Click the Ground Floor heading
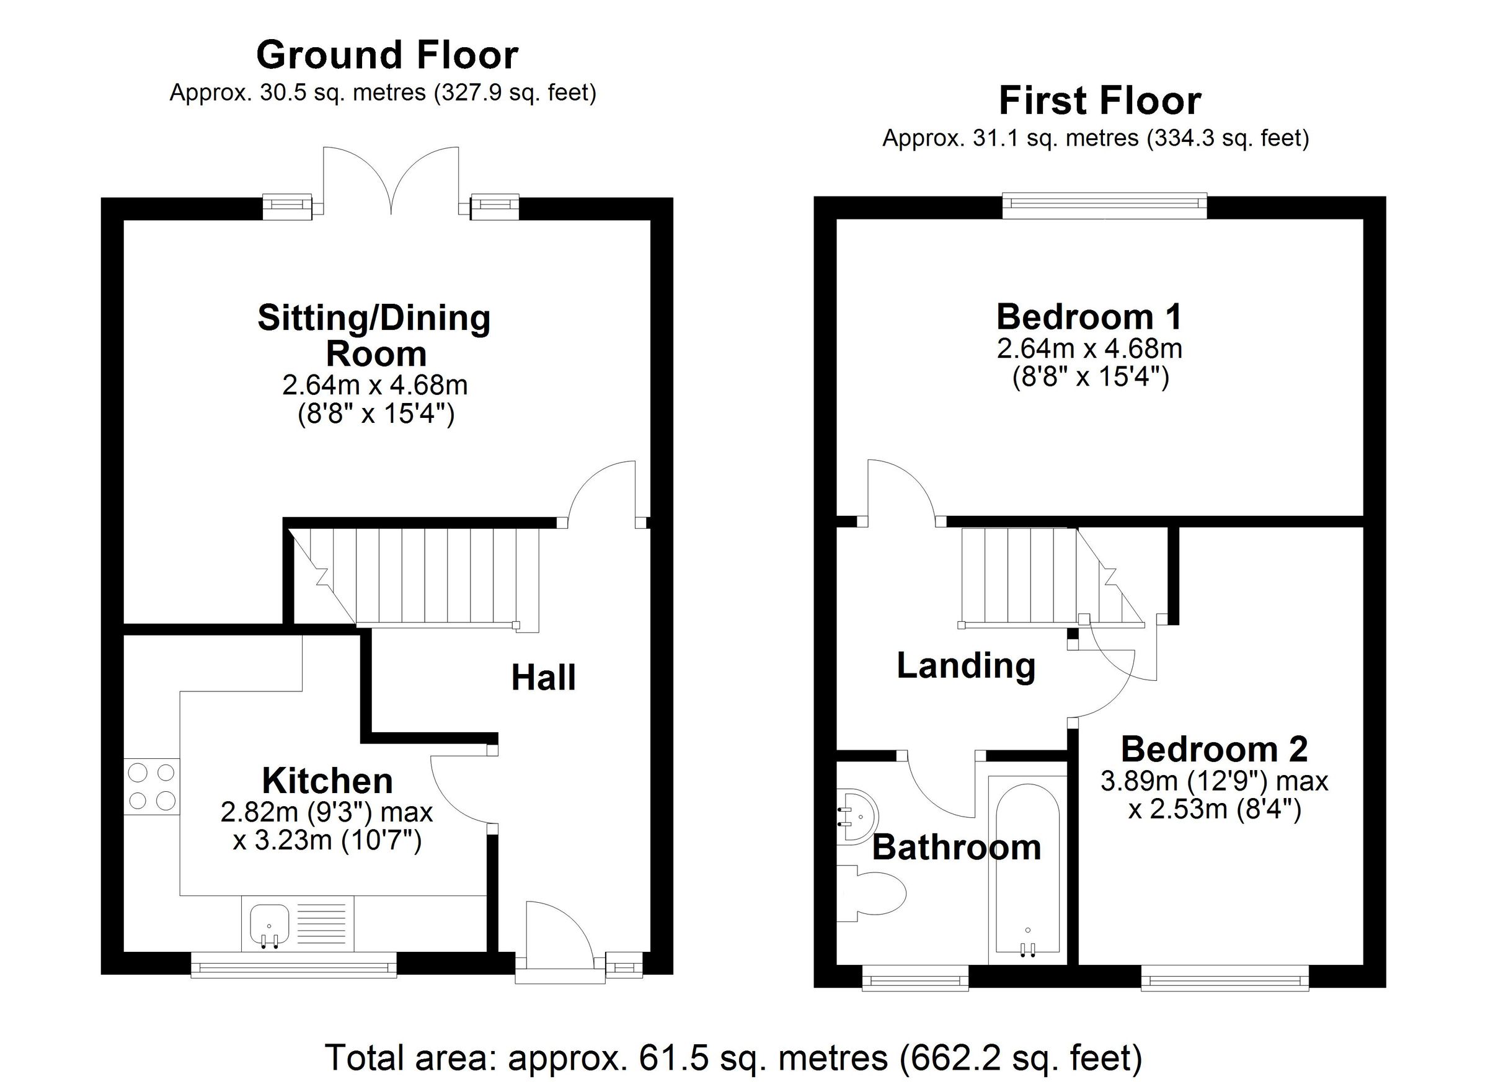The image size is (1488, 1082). coord(387,56)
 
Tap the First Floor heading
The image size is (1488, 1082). coord(1100,102)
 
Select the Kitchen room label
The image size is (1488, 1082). coord(327,781)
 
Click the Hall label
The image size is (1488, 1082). coord(543,678)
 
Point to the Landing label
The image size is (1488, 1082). coord(966,665)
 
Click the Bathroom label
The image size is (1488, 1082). coord(957,847)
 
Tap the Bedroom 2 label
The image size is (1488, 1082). coord(1214,749)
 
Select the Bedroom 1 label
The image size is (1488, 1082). coord(1089,317)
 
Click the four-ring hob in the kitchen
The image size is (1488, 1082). coord(151,787)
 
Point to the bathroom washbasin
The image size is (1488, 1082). coord(858,817)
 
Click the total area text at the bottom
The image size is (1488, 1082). coord(733,1057)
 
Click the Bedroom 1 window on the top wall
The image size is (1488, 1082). coord(1105,205)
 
